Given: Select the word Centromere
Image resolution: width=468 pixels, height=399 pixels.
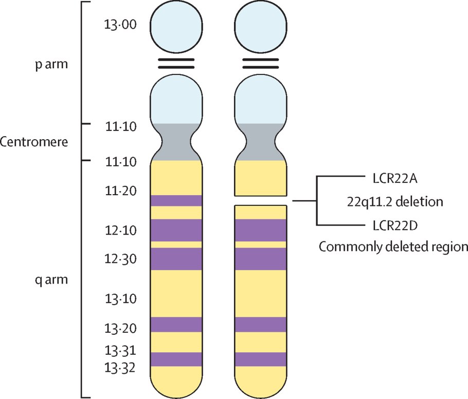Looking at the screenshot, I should pyautogui.click(x=34, y=142).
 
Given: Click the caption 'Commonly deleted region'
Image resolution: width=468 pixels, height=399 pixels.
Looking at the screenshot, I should pyautogui.click(x=393, y=246).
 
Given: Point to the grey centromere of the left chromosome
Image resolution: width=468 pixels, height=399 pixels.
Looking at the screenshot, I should pyautogui.click(x=176, y=142).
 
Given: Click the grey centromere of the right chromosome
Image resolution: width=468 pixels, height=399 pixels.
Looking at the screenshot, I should pyautogui.click(x=260, y=142).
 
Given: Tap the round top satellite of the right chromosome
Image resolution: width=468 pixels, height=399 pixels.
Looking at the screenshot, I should pyautogui.click(x=260, y=26).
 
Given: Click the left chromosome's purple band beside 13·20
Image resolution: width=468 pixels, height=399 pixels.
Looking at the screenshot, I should pyautogui.click(x=176, y=325).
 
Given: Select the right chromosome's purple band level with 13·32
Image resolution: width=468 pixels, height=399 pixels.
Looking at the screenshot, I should pyautogui.click(x=260, y=359).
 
